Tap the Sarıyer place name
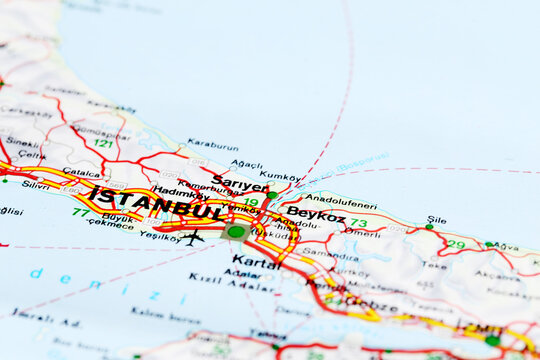click(x=240, y=185)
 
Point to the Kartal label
click(x=256, y=262)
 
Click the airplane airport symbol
click(x=192, y=238)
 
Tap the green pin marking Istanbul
click(x=236, y=231)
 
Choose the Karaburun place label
click(x=212, y=144)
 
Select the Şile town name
click(x=436, y=219)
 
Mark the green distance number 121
click(x=102, y=143)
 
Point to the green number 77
click(x=80, y=212)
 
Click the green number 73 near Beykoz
click(x=358, y=223)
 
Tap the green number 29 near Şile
click(x=456, y=244)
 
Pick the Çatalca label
click(x=82, y=172)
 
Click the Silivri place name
click(x=35, y=185)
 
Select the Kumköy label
click(x=279, y=175)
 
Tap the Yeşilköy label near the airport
click(x=160, y=236)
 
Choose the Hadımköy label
click(x=180, y=191)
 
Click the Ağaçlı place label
click(x=246, y=164)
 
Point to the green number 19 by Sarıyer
click(x=250, y=202)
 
